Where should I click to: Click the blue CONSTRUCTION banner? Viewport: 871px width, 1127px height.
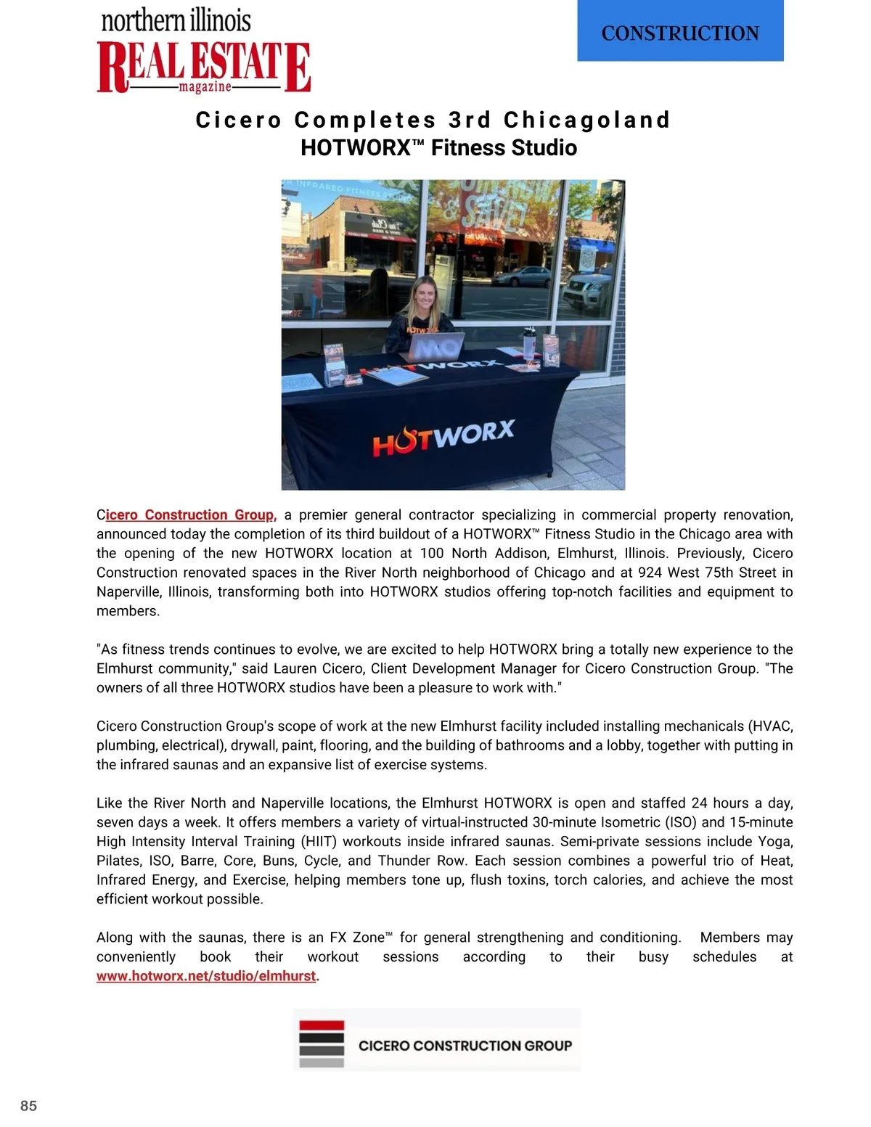(x=680, y=32)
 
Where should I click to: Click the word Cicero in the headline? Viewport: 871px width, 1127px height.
(x=239, y=120)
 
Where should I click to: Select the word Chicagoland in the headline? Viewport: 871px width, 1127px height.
(x=586, y=120)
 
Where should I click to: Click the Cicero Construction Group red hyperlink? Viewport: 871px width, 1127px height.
(x=190, y=515)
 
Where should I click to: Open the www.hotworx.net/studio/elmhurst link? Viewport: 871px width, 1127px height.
(x=206, y=976)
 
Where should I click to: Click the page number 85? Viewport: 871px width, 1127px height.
(x=29, y=1106)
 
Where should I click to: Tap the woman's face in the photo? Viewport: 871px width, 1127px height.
(x=423, y=293)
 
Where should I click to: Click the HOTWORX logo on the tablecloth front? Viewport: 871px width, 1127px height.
(x=443, y=437)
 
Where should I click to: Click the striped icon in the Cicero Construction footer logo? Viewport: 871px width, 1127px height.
(x=321, y=1044)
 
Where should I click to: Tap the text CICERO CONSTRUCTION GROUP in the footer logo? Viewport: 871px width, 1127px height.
(x=465, y=1046)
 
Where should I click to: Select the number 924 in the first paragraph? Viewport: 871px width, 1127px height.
(x=650, y=573)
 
